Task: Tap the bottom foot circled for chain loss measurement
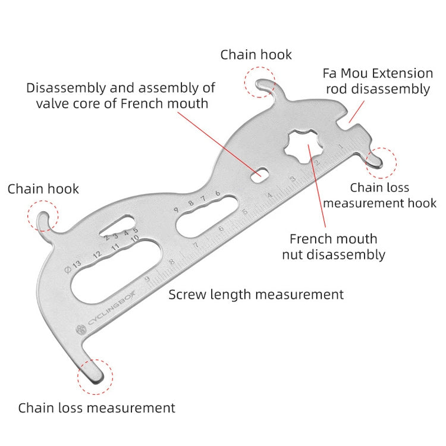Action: click(x=95, y=375)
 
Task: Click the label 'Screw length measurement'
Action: click(x=256, y=294)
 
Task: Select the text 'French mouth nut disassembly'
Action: click(x=334, y=247)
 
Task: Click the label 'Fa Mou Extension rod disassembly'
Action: click(x=378, y=81)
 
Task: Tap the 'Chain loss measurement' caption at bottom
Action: click(x=97, y=408)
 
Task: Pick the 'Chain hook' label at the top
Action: click(x=256, y=55)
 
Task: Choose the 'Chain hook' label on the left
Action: click(x=43, y=189)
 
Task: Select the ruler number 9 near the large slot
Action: click(x=147, y=279)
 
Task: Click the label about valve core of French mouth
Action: click(x=121, y=96)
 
